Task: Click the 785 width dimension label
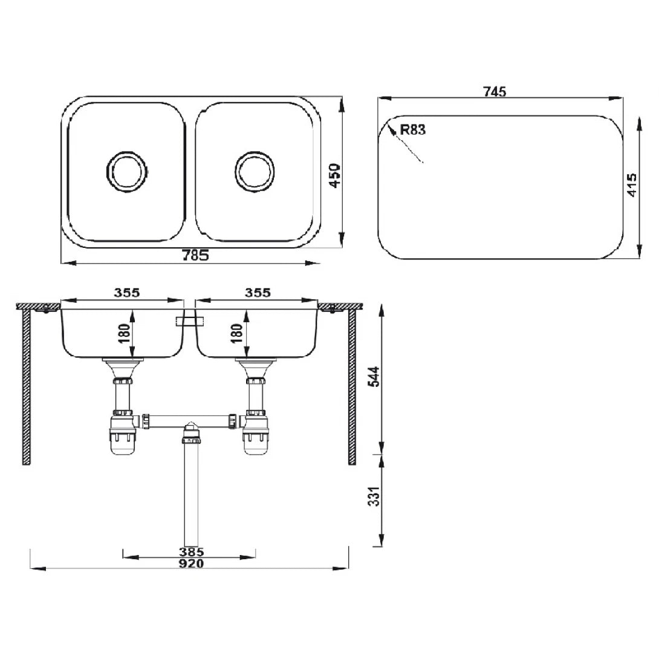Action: (x=195, y=255)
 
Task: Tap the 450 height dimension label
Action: (x=335, y=176)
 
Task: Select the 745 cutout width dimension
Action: (x=495, y=91)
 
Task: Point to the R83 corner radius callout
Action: (x=412, y=129)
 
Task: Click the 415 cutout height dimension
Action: (x=632, y=186)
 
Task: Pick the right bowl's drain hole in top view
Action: (x=255, y=170)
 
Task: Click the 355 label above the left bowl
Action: (x=126, y=293)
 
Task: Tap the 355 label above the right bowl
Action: (x=258, y=293)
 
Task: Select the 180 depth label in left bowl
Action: (x=125, y=333)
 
